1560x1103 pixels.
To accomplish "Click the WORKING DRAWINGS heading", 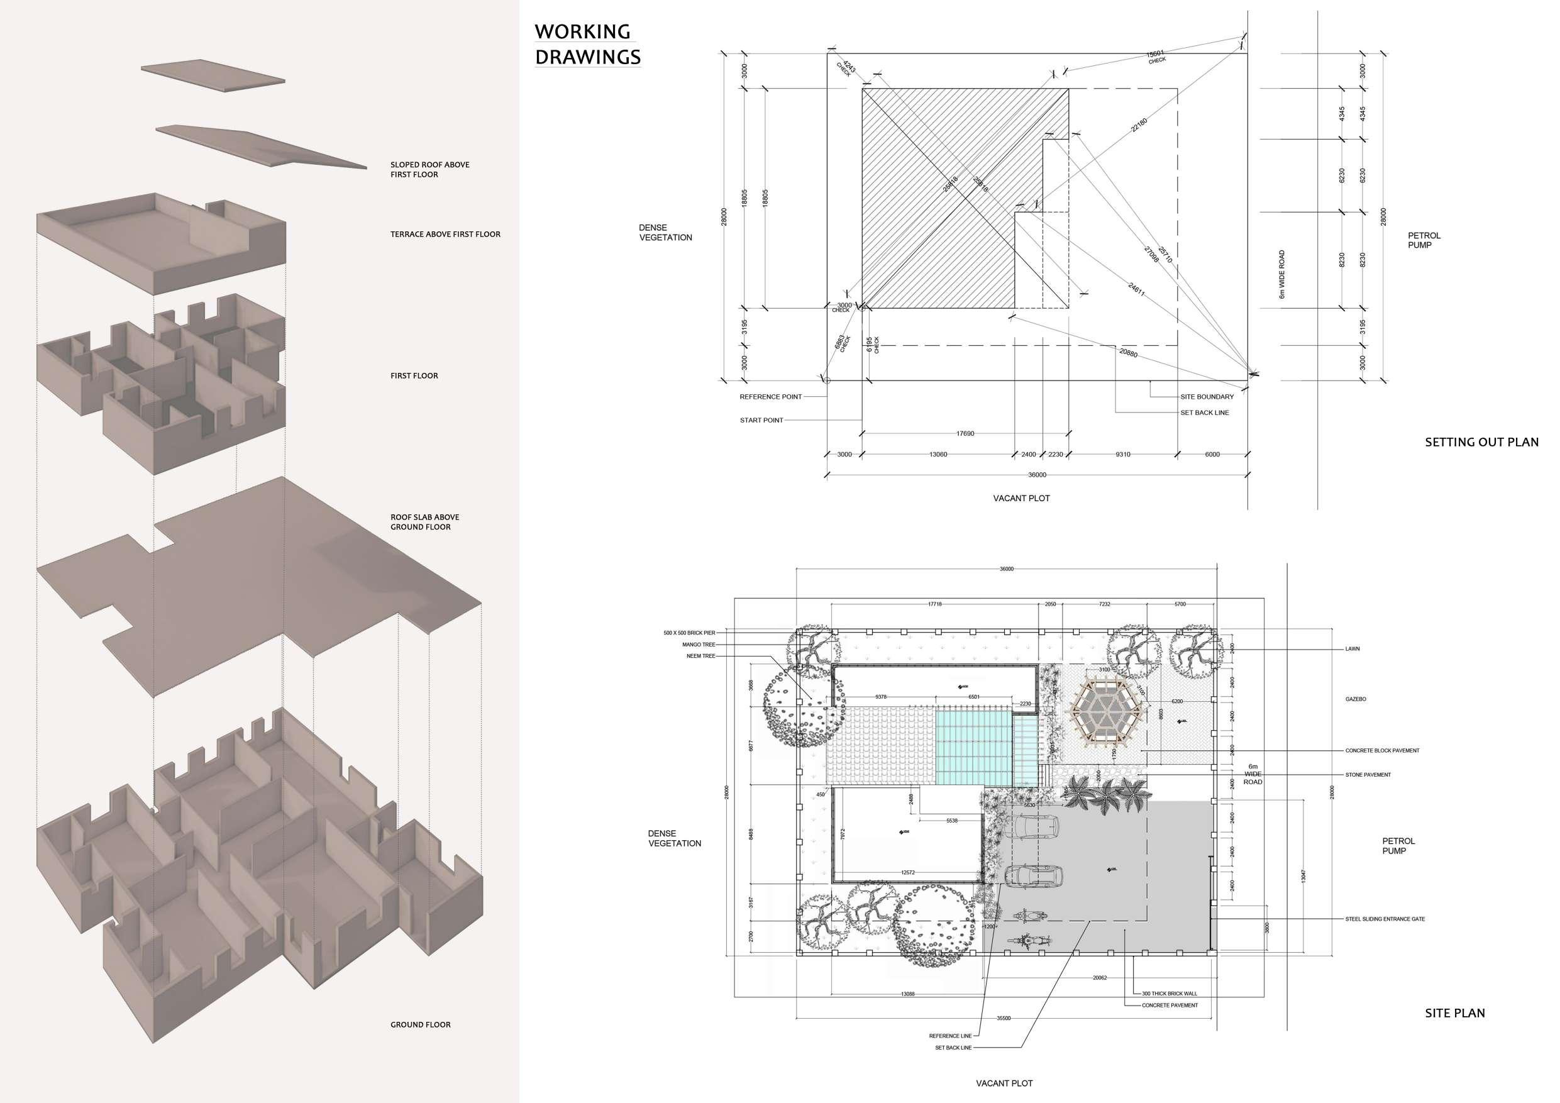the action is point(587,44).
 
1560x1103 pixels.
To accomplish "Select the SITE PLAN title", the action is point(1455,1013).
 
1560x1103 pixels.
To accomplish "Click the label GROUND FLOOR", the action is point(420,1025).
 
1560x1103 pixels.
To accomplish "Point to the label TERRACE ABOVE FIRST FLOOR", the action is point(445,235).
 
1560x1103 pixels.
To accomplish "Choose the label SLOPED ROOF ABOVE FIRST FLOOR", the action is point(429,170).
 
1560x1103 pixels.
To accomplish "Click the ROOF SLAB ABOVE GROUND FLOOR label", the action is point(424,522).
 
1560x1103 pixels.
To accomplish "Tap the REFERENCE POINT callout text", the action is point(770,397).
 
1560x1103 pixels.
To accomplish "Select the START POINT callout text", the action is point(761,421).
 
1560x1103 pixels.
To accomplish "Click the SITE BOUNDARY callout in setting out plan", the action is point(1207,397).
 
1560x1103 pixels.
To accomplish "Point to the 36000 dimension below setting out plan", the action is point(1037,475).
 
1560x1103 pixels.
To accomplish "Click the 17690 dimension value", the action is point(965,433).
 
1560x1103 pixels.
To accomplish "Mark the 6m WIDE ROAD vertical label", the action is point(1281,275).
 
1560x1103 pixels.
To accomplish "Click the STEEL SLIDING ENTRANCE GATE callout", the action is point(1385,919).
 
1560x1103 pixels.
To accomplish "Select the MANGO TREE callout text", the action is point(699,645).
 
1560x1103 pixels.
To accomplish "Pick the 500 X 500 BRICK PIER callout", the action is point(689,633).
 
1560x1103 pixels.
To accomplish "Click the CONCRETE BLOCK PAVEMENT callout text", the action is point(1382,751).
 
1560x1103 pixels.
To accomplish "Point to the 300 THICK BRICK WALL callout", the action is point(1170,994).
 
